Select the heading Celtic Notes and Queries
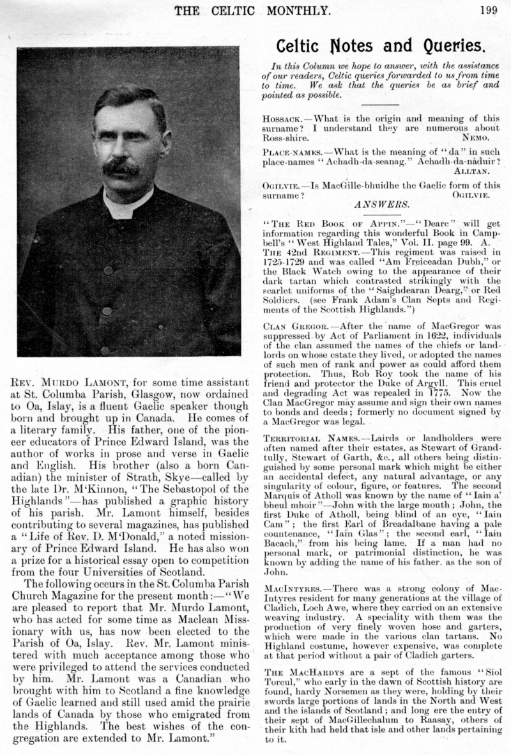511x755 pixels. click(381, 45)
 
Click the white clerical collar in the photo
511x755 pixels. click(127, 204)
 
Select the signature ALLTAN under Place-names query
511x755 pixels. click(471, 171)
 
